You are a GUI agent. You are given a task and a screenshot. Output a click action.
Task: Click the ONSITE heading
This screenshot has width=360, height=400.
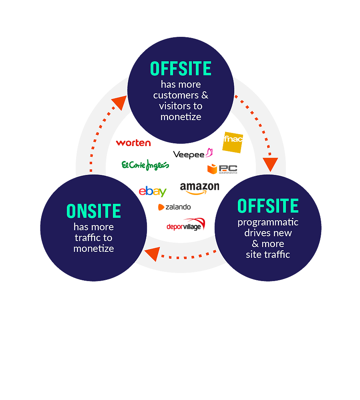click(94, 211)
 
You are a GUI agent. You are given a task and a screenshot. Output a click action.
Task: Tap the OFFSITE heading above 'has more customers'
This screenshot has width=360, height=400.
click(181, 69)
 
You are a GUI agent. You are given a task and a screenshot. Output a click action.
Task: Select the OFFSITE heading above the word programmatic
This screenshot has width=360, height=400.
click(268, 206)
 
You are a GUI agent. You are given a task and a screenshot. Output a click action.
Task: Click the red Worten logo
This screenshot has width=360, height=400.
click(133, 143)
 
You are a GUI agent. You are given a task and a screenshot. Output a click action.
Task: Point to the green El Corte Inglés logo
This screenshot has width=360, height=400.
click(145, 165)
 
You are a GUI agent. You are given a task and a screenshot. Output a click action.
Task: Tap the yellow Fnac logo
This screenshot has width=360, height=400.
click(233, 142)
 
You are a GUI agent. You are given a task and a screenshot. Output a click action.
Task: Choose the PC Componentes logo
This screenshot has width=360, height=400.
click(222, 169)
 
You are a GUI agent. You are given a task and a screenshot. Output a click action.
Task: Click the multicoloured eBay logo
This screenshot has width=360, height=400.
click(152, 192)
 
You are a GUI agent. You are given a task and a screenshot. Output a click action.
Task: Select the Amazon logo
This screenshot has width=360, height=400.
click(199, 188)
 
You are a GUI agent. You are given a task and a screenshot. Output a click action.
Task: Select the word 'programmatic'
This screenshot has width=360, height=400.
click(268, 222)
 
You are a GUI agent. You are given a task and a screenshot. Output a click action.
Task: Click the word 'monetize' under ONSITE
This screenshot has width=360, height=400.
click(94, 248)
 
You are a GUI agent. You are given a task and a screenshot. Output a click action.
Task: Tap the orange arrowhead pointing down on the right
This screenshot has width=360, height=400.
click(270, 164)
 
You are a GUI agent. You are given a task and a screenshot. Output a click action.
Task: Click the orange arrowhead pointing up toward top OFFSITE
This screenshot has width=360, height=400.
click(119, 103)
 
